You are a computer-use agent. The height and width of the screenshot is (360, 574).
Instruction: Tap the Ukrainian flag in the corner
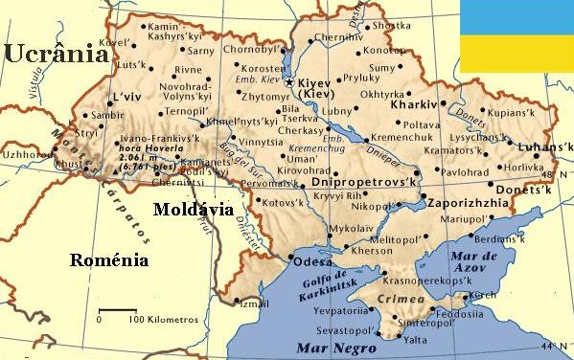(x=517, y=36)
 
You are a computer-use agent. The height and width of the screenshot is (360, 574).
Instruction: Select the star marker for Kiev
(x=290, y=84)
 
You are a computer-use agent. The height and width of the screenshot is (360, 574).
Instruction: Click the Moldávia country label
(x=195, y=209)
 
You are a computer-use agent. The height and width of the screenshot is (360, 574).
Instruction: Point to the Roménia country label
(x=109, y=259)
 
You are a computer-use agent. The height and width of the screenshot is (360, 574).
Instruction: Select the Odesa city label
(x=312, y=261)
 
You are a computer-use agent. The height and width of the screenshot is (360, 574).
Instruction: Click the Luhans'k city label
(x=546, y=147)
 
